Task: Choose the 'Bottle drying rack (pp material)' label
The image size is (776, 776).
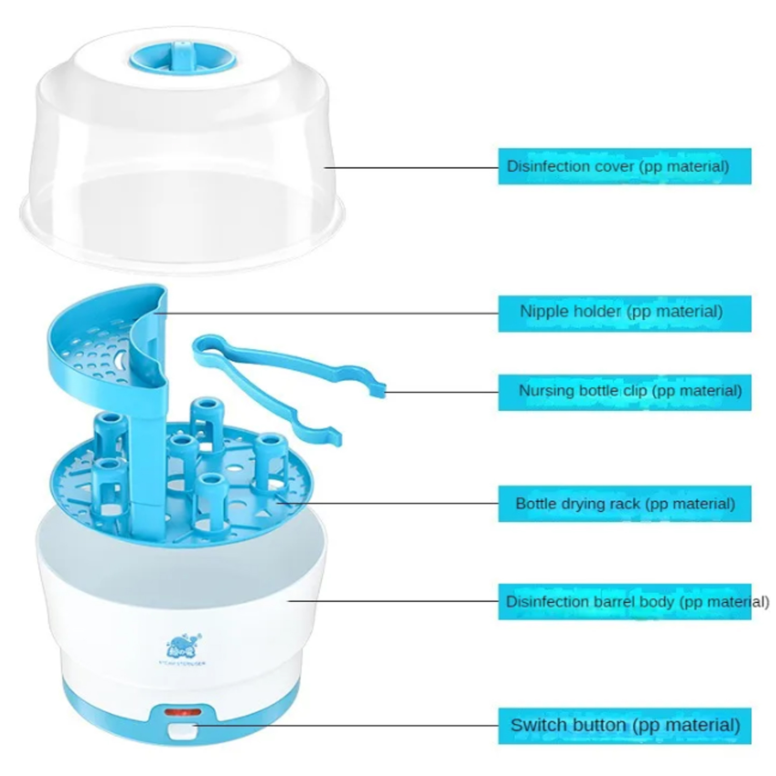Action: [x=624, y=503]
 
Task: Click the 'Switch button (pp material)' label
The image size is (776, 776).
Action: [x=624, y=725]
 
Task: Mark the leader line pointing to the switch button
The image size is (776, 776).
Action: [x=347, y=725]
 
